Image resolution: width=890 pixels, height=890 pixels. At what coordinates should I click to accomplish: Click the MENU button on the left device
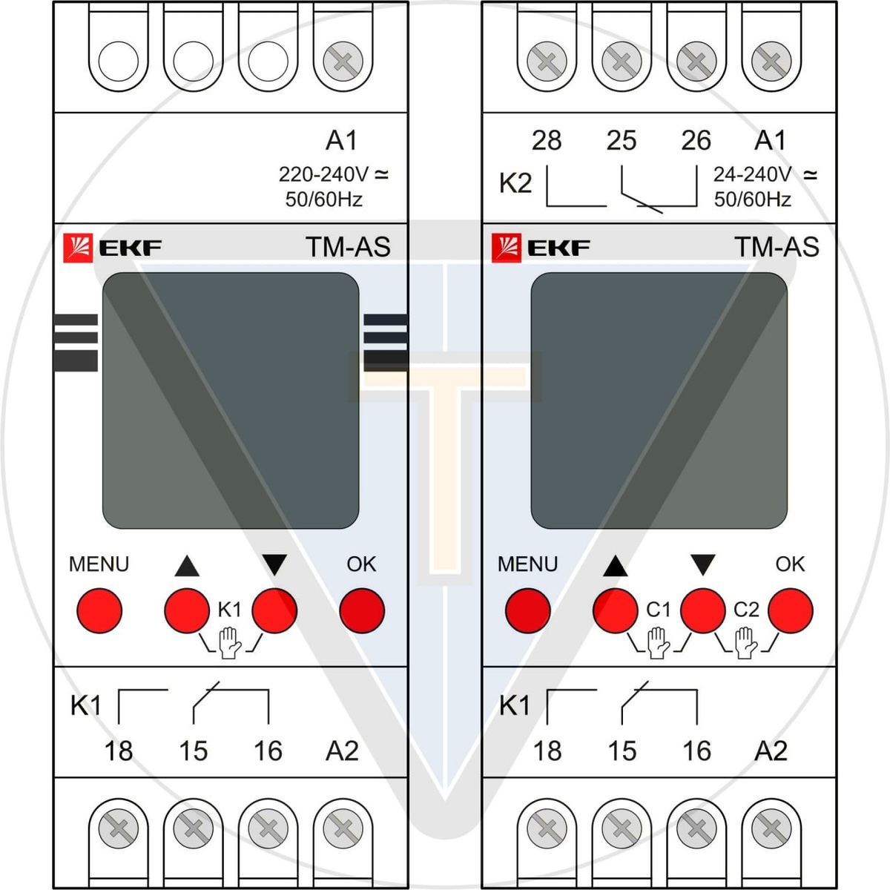point(99,610)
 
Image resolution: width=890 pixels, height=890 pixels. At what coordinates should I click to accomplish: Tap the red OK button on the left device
point(362,610)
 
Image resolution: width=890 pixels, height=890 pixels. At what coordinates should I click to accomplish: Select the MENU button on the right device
point(527,610)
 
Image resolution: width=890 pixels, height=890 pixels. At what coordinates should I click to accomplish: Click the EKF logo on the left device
point(112,248)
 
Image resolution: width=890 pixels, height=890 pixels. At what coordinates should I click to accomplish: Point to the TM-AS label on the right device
point(777,247)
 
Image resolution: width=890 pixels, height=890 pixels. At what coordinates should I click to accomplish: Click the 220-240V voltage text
point(323,175)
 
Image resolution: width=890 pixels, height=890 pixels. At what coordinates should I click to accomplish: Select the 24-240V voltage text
point(752,175)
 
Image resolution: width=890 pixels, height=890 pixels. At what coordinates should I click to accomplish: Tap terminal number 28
point(547,140)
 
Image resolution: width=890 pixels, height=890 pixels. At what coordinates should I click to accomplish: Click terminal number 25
point(622,140)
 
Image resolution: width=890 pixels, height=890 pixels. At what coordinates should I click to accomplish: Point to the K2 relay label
point(515,182)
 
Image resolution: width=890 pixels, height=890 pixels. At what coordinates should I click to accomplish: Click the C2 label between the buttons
point(746,610)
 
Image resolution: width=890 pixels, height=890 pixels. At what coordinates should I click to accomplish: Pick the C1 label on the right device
point(659,610)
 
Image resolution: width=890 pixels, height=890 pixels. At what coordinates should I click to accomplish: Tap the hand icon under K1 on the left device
point(230,642)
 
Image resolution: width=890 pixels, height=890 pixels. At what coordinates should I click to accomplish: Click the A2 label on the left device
point(342,751)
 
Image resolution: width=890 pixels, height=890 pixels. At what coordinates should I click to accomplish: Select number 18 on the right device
point(547,751)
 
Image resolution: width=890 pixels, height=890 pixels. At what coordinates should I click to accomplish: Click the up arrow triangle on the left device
point(187,567)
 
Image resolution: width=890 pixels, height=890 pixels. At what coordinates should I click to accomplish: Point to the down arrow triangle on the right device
point(702,566)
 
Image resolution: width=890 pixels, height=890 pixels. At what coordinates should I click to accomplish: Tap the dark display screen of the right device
point(659,400)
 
